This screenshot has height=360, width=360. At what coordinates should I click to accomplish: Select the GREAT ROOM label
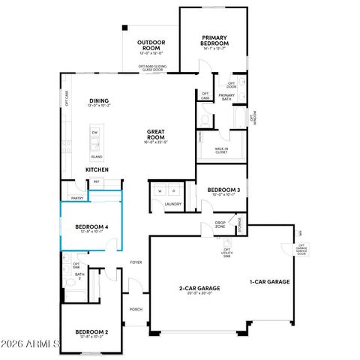click(156, 135)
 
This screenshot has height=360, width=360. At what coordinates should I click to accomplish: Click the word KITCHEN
click(96, 170)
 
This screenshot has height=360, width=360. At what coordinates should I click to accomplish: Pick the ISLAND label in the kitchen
click(96, 157)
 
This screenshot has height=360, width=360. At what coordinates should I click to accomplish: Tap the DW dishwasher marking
click(94, 133)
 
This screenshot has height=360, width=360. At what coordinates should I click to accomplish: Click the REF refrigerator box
click(97, 181)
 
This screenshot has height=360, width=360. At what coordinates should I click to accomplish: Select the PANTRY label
click(76, 198)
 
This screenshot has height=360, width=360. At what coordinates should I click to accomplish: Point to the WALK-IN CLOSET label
click(219, 149)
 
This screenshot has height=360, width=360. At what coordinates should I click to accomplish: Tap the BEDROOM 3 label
click(223, 190)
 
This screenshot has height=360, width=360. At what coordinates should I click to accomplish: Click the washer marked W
click(160, 191)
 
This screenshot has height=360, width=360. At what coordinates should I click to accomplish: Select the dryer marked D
click(172, 191)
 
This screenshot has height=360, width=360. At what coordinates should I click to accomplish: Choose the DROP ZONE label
click(220, 223)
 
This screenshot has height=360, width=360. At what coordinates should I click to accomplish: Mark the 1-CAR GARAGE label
click(269, 282)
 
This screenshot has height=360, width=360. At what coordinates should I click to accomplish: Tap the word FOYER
click(136, 262)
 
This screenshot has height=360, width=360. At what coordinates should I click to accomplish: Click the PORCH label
click(136, 309)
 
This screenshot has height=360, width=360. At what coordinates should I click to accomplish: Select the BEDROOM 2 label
click(91, 331)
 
